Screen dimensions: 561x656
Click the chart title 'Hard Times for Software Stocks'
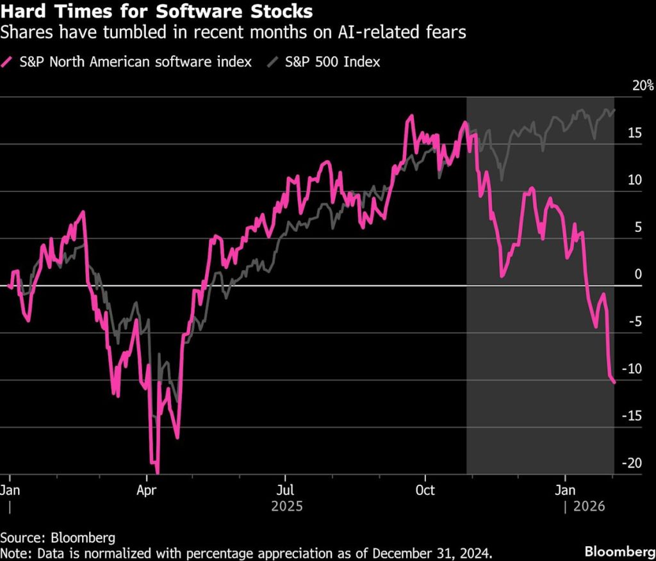(157, 12)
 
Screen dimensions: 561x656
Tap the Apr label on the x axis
(147, 490)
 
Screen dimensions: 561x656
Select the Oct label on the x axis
(425, 490)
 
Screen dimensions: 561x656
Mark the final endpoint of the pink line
(614, 382)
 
